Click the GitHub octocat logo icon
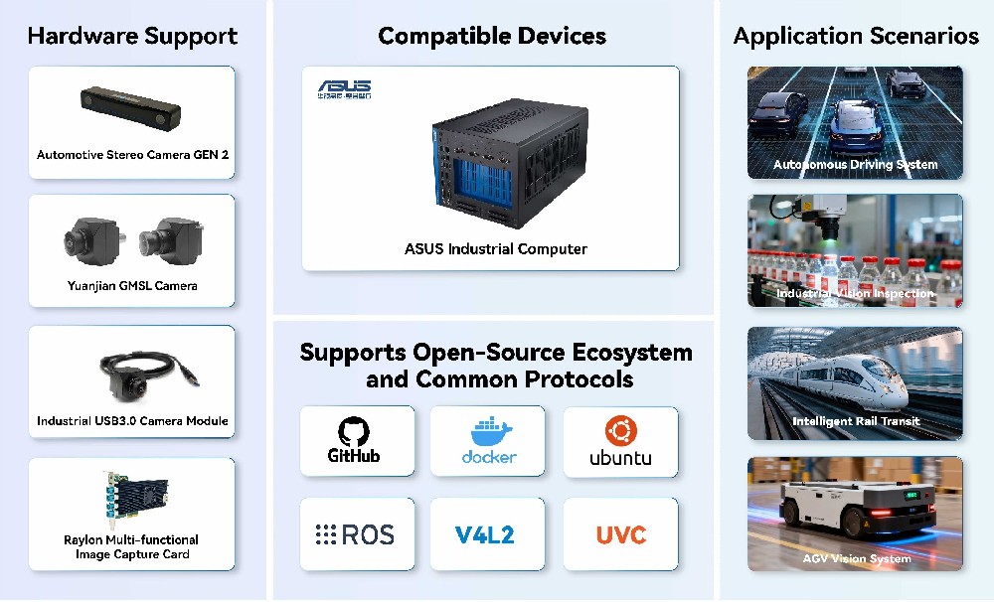pos(353,430)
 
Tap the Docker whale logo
pos(489,433)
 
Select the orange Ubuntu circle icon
pos(620,430)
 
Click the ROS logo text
pos(355,535)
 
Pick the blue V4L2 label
pos(484,535)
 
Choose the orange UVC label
pos(620,535)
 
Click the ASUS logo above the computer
pos(344,89)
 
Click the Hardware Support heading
pos(132,37)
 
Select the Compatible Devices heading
pos(492,37)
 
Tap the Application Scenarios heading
pos(856,37)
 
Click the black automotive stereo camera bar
pos(131,106)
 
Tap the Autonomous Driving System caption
pos(855,165)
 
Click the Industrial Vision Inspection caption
pos(855,294)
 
